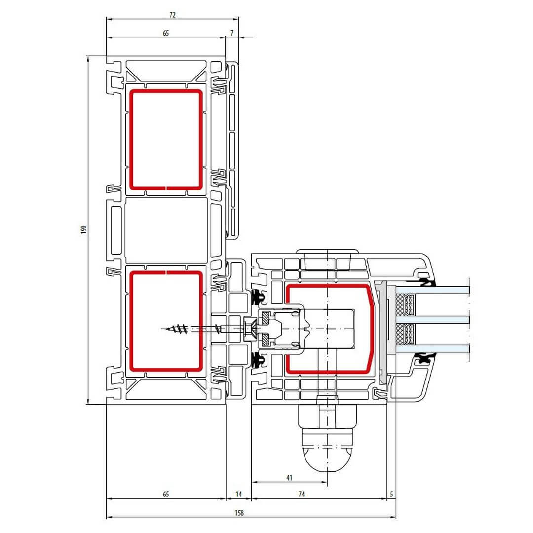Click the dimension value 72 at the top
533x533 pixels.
(x=172, y=15)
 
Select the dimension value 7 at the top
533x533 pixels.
(x=232, y=33)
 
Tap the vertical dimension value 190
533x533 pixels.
(x=83, y=229)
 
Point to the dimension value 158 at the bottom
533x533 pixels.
(x=239, y=513)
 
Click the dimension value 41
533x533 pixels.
(x=289, y=478)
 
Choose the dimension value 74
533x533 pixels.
(x=302, y=494)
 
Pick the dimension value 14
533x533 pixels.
(x=239, y=494)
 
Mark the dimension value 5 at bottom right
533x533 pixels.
(x=391, y=494)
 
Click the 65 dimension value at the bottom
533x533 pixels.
(x=166, y=494)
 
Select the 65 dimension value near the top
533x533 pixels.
(x=166, y=33)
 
